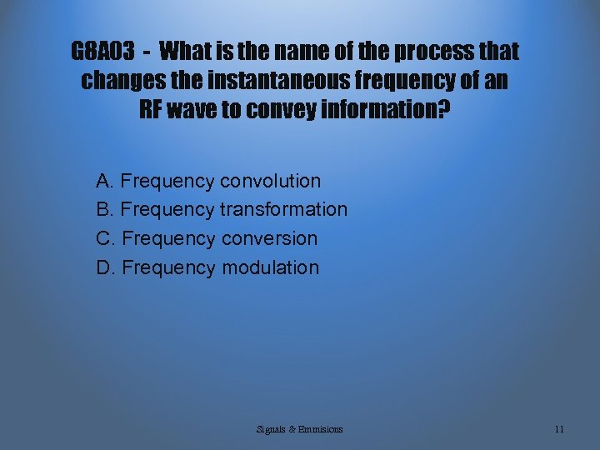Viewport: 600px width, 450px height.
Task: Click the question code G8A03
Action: click(102, 52)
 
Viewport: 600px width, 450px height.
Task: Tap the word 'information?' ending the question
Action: click(392, 110)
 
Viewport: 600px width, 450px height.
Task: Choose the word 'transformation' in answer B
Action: click(283, 209)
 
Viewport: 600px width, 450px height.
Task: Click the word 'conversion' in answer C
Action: click(268, 238)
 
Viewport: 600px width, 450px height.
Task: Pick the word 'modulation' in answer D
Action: click(270, 267)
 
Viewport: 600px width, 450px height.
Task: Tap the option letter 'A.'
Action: click(106, 181)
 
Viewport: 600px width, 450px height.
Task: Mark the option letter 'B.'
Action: click(106, 209)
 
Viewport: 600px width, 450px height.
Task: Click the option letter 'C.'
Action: click(106, 238)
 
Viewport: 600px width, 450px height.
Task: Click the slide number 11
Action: click(559, 429)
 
